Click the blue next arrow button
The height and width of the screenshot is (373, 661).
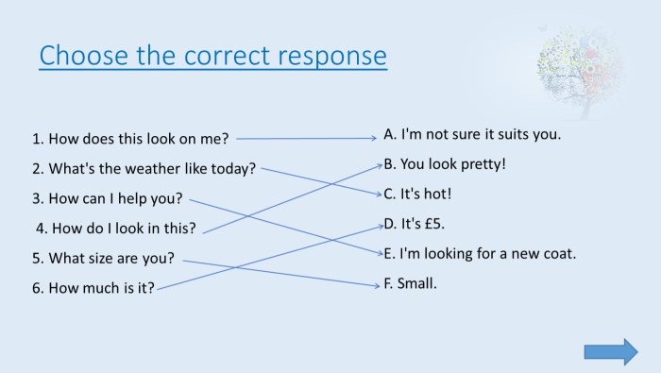pyautogui.click(x=611, y=351)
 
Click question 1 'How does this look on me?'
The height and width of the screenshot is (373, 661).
pyautogui.click(x=130, y=139)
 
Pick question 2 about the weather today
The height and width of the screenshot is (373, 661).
pyautogui.click(x=144, y=169)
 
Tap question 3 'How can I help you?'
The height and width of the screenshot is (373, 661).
pyautogui.click(x=108, y=199)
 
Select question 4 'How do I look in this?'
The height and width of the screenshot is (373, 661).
pyautogui.click(x=116, y=228)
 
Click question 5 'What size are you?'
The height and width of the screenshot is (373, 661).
pyautogui.click(x=104, y=258)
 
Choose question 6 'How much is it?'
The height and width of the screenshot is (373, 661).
pyautogui.click(x=93, y=288)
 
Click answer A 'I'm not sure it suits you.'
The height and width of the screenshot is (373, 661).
pyautogui.click(x=472, y=134)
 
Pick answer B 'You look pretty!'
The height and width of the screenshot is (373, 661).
pyautogui.click(x=445, y=163)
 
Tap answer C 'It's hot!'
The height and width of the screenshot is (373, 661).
pyautogui.click(x=417, y=194)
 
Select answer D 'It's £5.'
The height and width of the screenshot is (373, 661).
pyautogui.click(x=414, y=224)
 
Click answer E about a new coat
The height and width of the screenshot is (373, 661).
pyautogui.click(x=479, y=253)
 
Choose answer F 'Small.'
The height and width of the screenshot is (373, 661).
pyautogui.click(x=410, y=282)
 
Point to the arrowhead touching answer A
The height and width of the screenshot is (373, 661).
pyautogui.click(x=374, y=138)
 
